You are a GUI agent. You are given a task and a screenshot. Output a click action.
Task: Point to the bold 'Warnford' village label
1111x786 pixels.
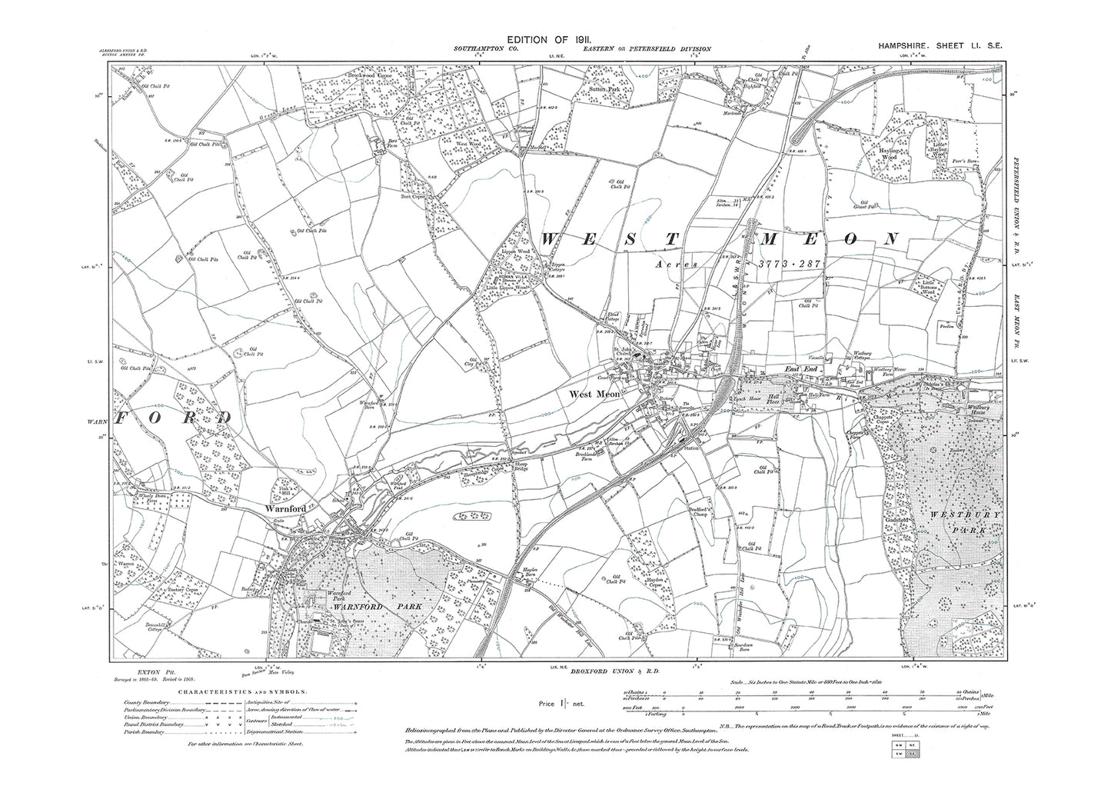click(287, 508)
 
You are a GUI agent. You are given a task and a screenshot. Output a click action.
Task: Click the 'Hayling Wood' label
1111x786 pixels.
click(891, 156)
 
